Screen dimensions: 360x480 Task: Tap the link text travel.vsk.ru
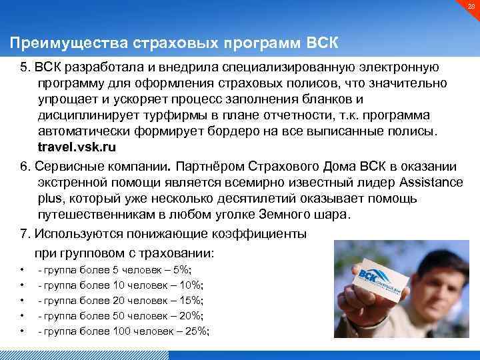point(75,145)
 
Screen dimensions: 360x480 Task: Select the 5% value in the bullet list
point(181,269)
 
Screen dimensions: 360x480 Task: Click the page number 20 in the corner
point(469,7)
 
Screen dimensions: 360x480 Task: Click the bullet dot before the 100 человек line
point(22,331)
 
